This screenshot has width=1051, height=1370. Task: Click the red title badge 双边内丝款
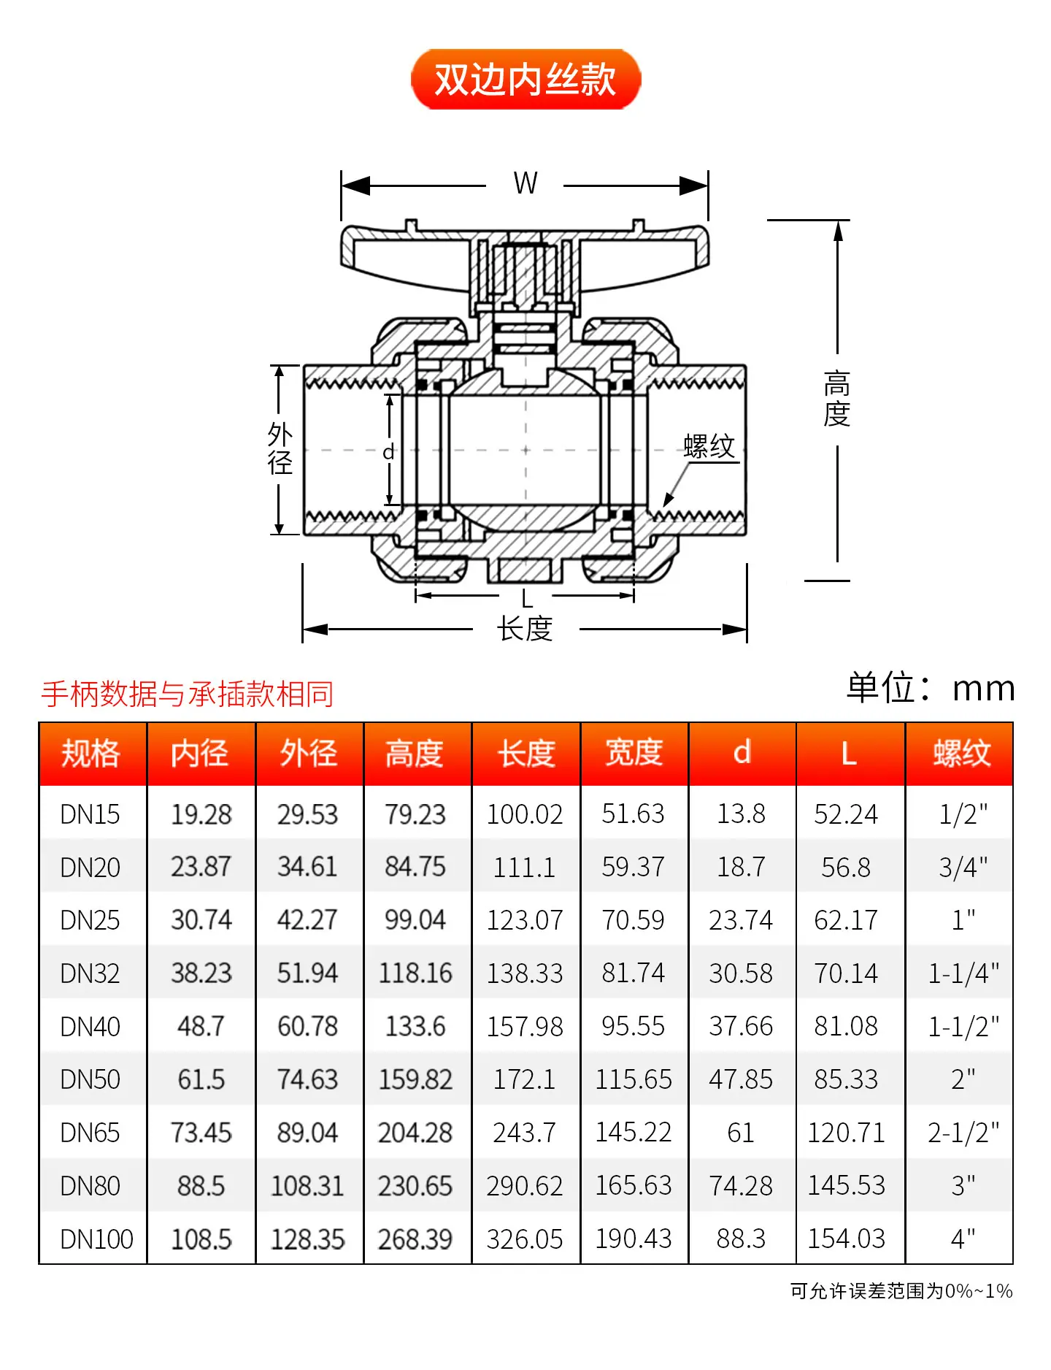click(x=525, y=79)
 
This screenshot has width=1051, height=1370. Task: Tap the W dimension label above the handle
click(x=525, y=183)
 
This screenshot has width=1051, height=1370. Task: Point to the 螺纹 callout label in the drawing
click(x=709, y=446)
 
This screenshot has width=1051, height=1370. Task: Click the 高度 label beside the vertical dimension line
click(x=837, y=398)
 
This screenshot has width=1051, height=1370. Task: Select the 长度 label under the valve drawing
click(x=525, y=629)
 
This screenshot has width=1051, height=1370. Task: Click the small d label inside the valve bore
click(x=389, y=452)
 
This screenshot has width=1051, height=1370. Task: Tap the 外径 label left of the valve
click(x=280, y=448)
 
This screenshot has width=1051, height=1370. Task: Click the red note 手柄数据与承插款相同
click(x=188, y=694)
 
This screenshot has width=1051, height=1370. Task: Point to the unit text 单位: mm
click(x=931, y=688)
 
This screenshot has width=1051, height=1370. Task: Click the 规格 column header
click(x=91, y=754)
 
